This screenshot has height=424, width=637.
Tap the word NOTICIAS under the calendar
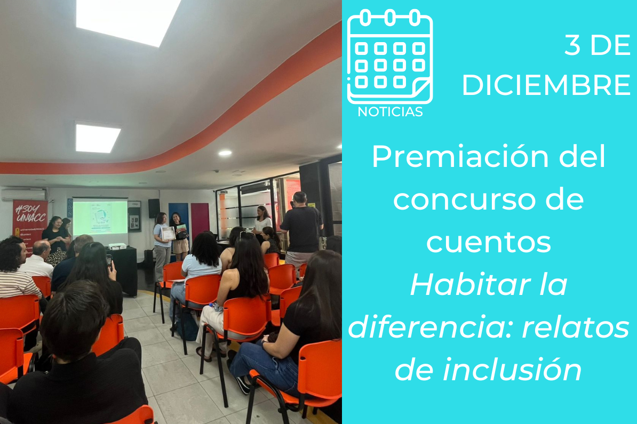[390, 111]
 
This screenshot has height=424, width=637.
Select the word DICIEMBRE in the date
[546, 85]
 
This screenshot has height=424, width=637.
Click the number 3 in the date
[572, 45]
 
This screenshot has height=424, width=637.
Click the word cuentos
[489, 242]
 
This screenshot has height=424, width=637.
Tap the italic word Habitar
[470, 285]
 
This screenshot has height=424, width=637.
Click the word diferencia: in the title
[430, 327]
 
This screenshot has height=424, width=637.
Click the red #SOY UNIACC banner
[29, 223]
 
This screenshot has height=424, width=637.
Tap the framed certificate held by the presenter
[168, 234]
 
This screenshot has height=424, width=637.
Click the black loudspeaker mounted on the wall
[154, 209]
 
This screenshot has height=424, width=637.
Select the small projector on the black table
[117, 246]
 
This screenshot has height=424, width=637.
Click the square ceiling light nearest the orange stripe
[98, 138]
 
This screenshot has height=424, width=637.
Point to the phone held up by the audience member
[109, 261]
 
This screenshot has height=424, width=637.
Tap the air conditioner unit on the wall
[23, 195]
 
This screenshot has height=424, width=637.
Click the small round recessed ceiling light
[225, 153]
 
